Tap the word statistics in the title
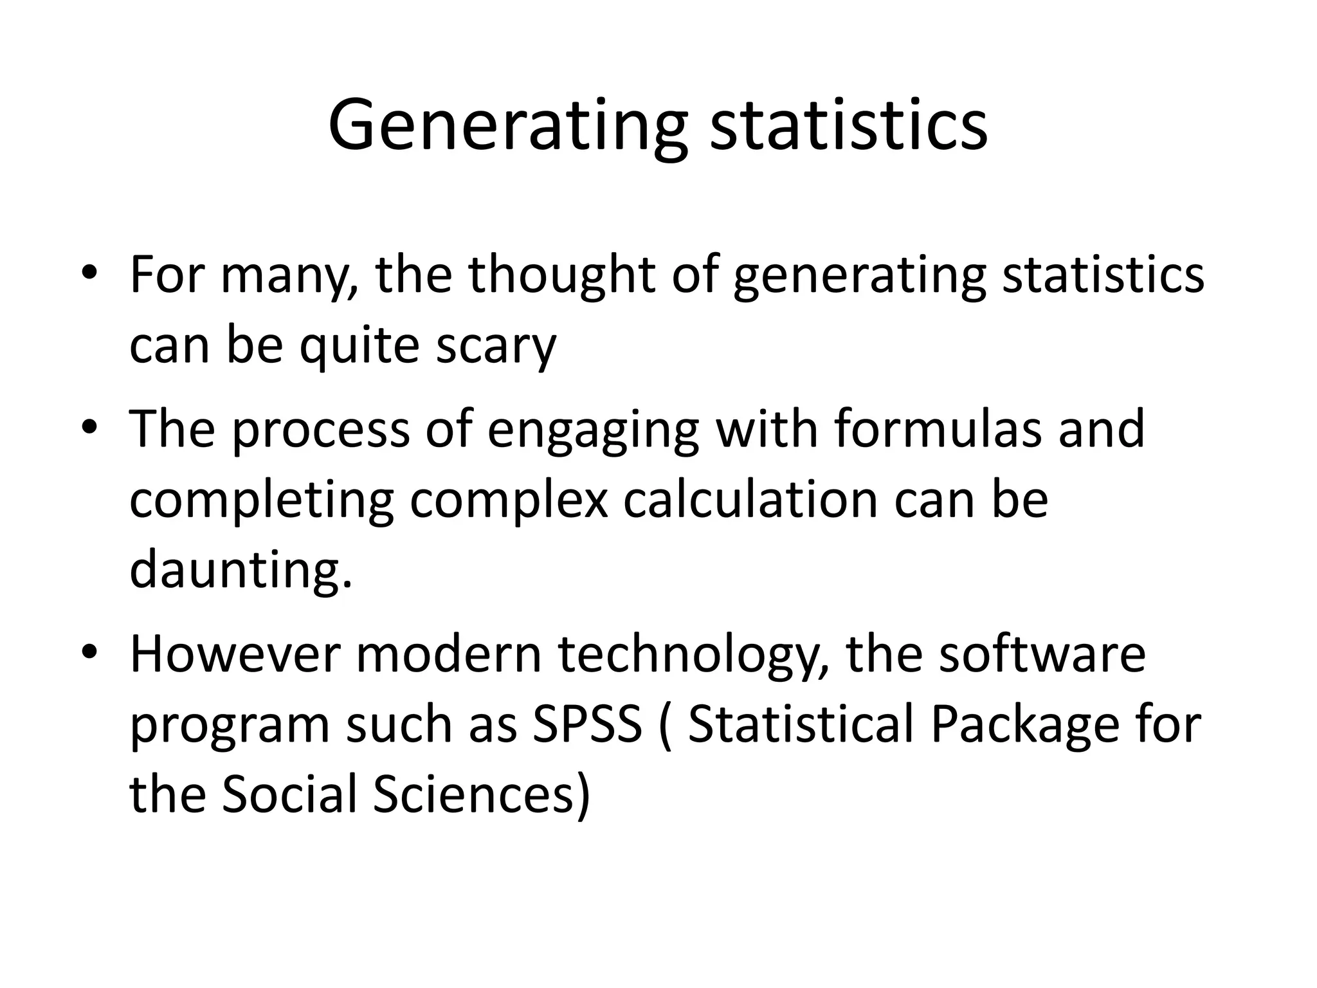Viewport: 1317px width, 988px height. point(848,125)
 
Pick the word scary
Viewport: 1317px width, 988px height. point(495,346)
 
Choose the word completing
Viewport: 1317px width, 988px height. point(261,500)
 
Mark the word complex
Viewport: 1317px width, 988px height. point(509,500)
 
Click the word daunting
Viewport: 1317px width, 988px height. point(241,570)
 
